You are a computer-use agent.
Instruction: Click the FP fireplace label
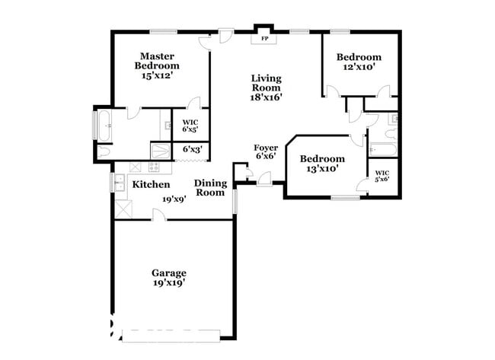(x=265, y=38)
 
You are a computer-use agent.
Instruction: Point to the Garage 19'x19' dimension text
(x=168, y=282)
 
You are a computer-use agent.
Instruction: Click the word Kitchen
(x=151, y=184)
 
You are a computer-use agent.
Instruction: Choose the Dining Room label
(x=210, y=188)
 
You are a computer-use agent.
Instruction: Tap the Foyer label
(x=266, y=148)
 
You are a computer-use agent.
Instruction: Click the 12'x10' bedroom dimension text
(x=358, y=68)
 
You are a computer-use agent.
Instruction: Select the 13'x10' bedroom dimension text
(x=322, y=169)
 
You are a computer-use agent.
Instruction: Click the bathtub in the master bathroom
(x=104, y=123)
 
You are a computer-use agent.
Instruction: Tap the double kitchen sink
(x=118, y=182)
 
